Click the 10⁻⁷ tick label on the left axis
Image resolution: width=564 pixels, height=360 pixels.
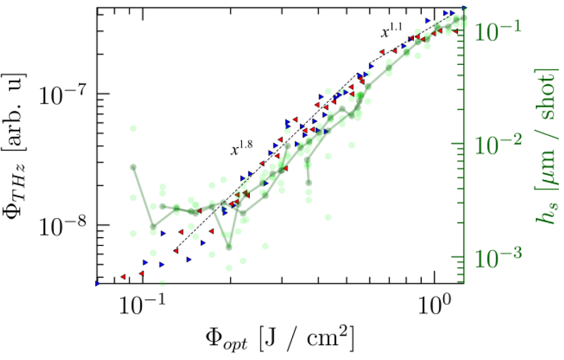click(61, 93)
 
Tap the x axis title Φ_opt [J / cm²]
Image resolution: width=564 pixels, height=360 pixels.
click(280, 339)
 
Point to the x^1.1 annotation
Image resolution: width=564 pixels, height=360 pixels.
click(391, 33)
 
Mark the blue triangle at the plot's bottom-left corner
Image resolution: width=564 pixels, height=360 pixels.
click(97, 283)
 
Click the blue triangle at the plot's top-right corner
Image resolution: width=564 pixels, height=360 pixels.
click(464, 8)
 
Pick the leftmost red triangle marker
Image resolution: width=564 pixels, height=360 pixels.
click(123, 276)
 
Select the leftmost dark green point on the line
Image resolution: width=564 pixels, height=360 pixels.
click(133, 167)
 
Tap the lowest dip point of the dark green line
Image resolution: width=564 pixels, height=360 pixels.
click(228, 247)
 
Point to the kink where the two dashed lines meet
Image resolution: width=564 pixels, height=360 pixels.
click(356, 74)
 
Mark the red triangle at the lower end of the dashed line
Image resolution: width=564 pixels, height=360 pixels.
click(176, 250)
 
